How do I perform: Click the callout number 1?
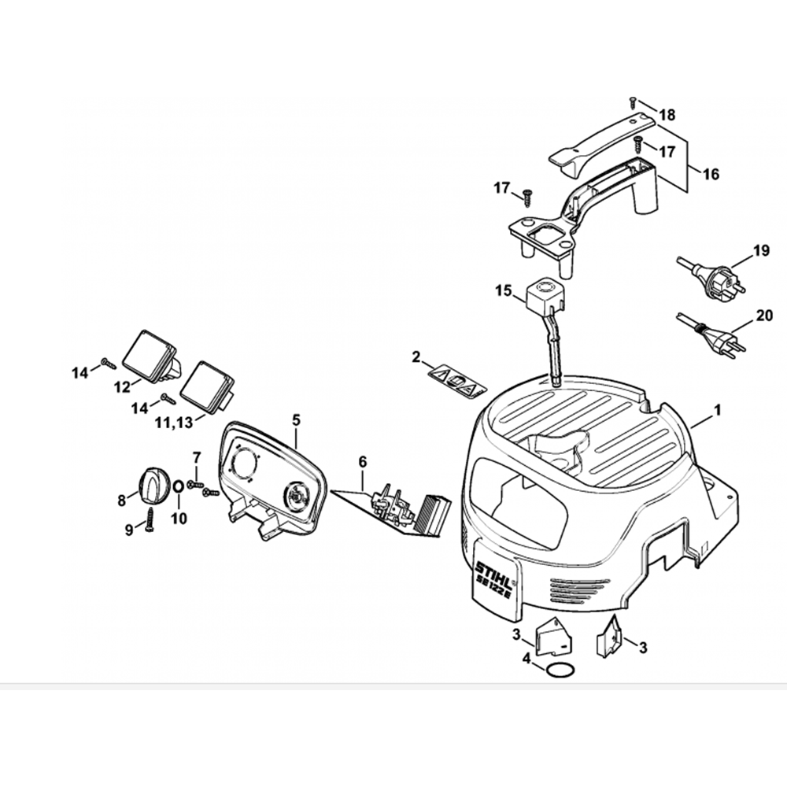click(x=717, y=410)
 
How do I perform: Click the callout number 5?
click(x=296, y=419)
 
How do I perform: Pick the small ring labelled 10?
click(x=179, y=486)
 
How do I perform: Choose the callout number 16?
click(x=710, y=175)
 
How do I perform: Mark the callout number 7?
click(x=197, y=457)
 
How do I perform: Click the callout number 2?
click(x=416, y=358)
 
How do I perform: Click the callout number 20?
click(x=764, y=316)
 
